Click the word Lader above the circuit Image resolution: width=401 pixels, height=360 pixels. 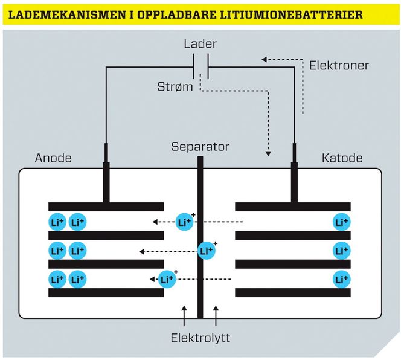pyautogui.click(x=200, y=44)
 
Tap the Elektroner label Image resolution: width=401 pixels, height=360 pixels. pyautogui.click(x=338, y=65)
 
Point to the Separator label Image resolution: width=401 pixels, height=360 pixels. pyautogui.click(x=200, y=146)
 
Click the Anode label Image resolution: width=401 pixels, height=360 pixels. pyautogui.click(x=53, y=158)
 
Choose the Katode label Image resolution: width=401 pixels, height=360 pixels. pyautogui.click(x=342, y=158)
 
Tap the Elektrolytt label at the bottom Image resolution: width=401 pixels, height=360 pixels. pyautogui.click(x=200, y=337)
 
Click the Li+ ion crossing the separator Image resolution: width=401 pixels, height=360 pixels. pyautogui.click(x=206, y=250)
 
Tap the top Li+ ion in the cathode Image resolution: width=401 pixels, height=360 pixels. pyautogui.click(x=342, y=222)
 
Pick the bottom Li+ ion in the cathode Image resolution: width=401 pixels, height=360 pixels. pyautogui.click(x=342, y=279)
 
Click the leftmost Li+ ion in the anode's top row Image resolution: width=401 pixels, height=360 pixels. pyautogui.click(x=57, y=222)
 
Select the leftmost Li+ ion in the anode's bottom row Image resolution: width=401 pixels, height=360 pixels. pyautogui.click(x=57, y=279)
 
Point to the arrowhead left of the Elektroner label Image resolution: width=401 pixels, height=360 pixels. pyautogui.click(x=264, y=60)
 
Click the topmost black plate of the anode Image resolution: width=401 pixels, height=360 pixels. pyautogui.click(x=106, y=207)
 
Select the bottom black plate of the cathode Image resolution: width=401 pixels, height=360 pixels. pyautogui.click(x=292, y=293)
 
